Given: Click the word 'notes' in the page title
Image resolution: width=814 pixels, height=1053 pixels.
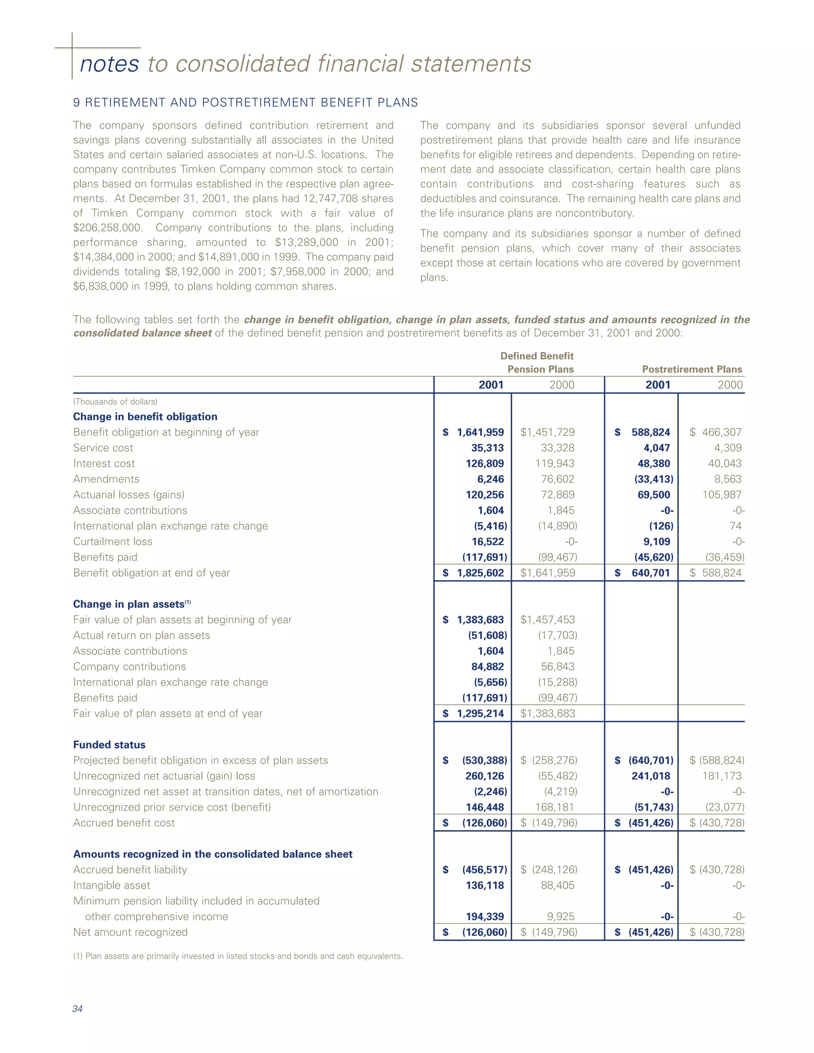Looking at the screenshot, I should pos(109,64).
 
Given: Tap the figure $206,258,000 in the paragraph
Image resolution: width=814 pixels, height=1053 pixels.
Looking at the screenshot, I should pos(108,228).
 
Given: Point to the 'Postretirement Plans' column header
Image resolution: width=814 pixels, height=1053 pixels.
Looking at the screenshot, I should pos(692,369).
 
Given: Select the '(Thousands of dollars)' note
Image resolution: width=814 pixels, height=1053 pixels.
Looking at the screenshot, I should pos(115,402).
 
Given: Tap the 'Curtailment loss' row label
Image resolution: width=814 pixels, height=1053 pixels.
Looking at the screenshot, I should pos(113,542).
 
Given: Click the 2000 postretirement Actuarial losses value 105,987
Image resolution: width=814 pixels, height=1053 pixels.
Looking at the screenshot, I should pos(721,495).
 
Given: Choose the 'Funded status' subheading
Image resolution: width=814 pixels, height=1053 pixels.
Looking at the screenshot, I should pos(109,745).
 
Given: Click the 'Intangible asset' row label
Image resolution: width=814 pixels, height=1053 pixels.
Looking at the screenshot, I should pos(112,886).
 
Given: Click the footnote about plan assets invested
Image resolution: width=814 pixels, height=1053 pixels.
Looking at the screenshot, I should pos(238,956).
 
